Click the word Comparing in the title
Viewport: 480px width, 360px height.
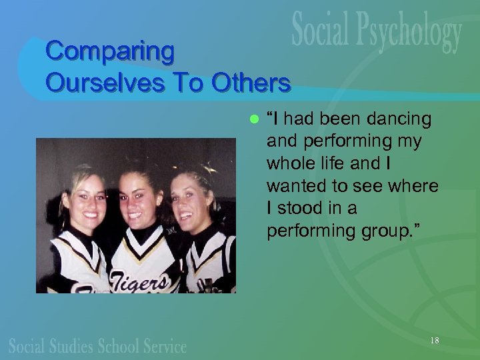click(110, 51)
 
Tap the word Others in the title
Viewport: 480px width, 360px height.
click(251, 83)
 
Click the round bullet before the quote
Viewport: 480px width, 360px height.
click(252, 119)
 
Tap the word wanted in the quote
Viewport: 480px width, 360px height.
click(293, 186)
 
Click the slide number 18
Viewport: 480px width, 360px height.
click(435, 341)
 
